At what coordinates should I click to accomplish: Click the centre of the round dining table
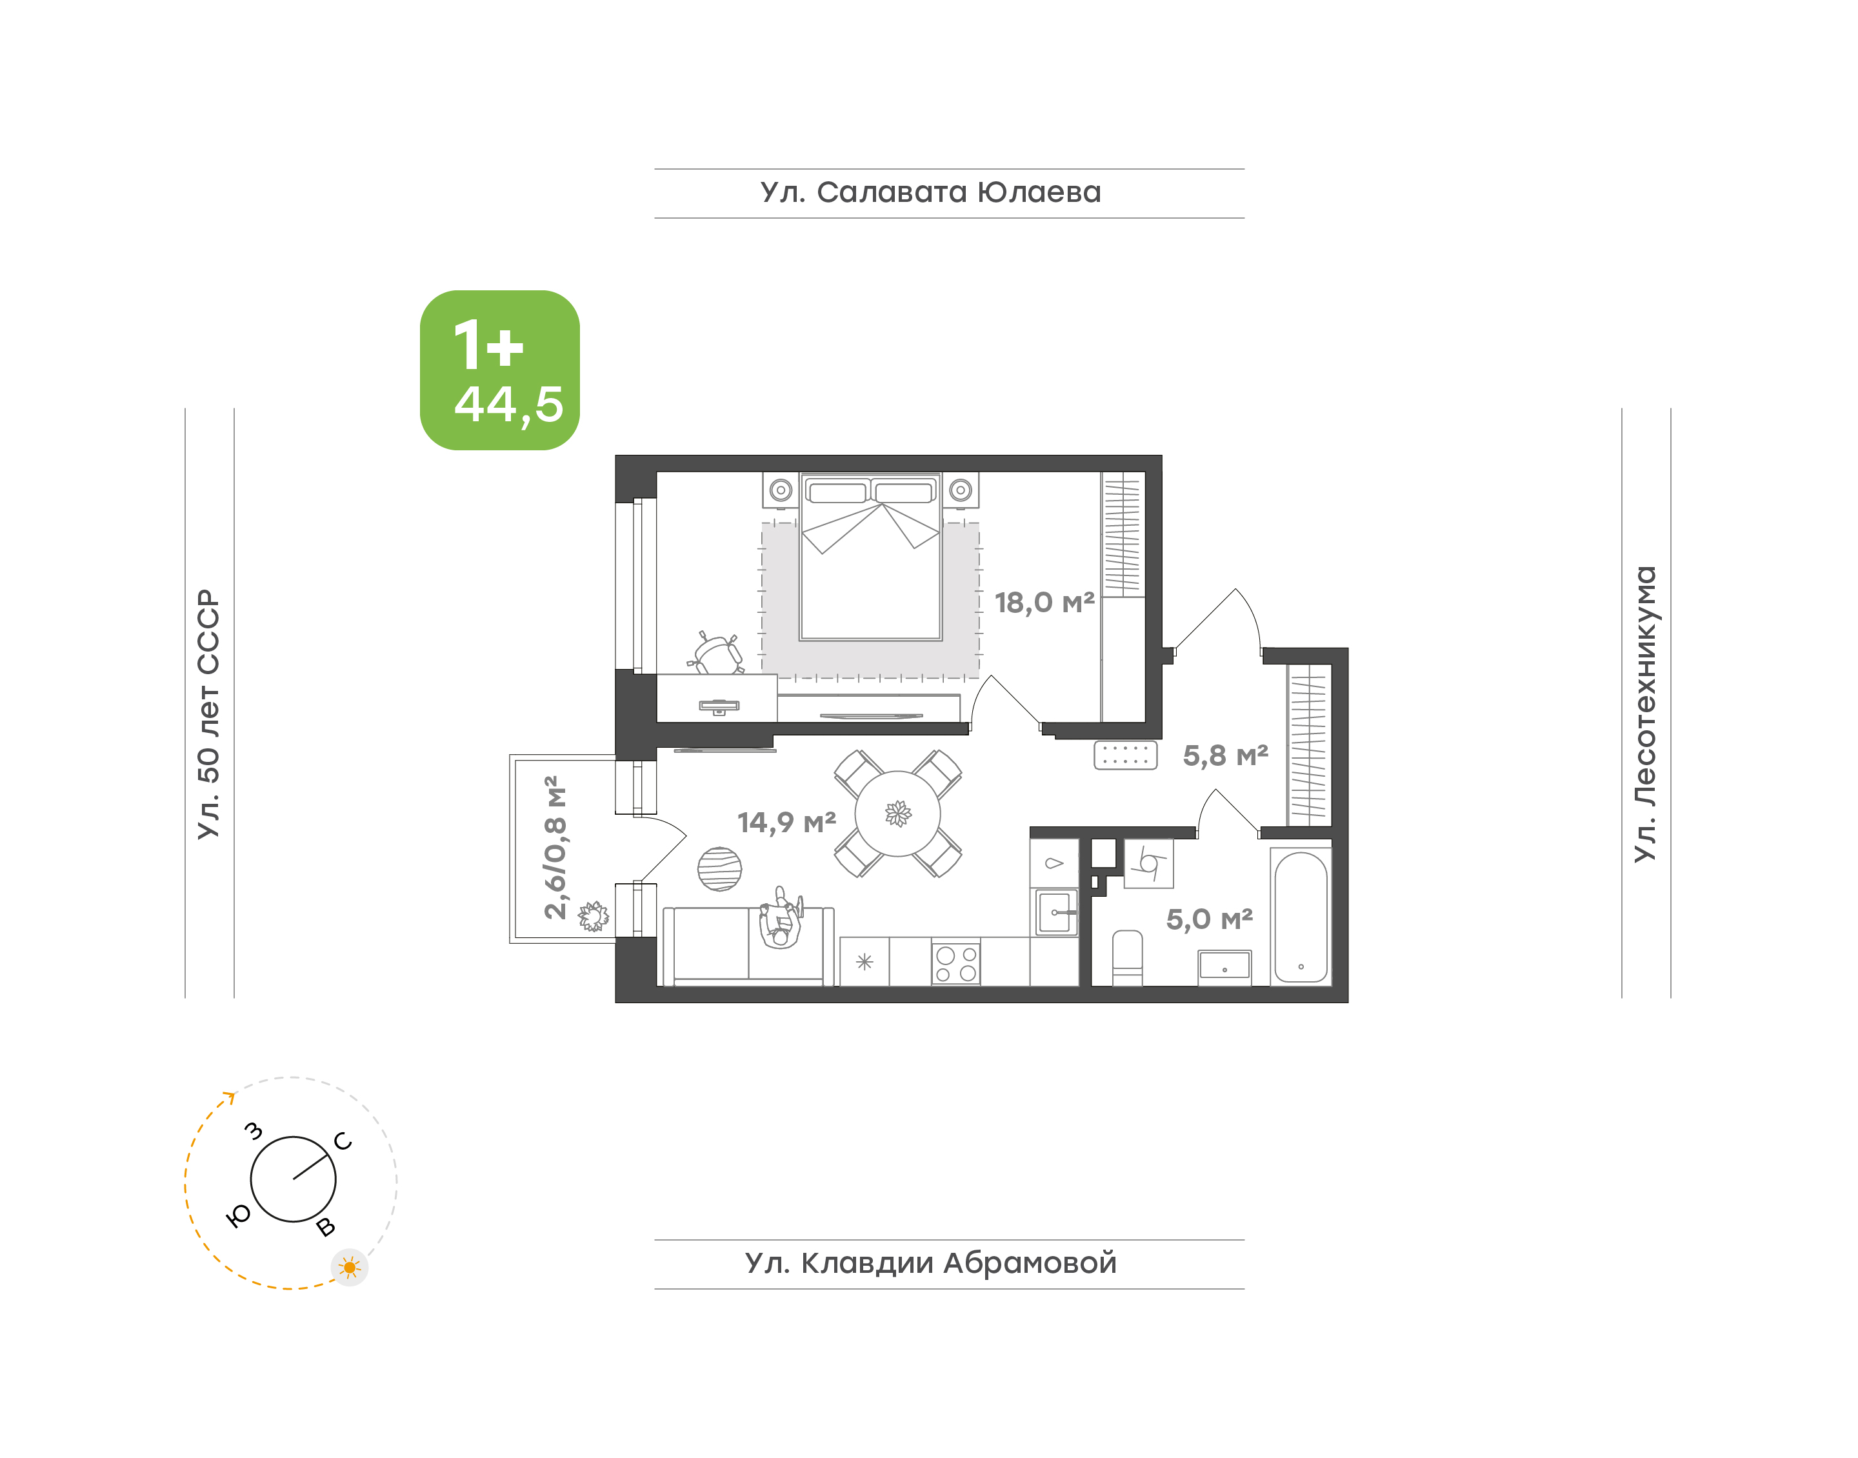click(898, 813)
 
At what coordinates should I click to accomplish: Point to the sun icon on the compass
click(349, 1268)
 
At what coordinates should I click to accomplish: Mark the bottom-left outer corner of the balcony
click(510, 943)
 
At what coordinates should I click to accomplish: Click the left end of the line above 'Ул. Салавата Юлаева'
click(655, 169)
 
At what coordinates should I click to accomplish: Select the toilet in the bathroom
click(1128, 958)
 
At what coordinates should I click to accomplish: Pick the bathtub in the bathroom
click(1301, 917)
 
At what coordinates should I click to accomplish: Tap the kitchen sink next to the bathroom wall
click(1055, 912)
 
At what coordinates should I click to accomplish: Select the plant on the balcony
click(593, 917)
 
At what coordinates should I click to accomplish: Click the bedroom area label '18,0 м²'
click(1044, 603)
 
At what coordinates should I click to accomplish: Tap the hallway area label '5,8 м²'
click(1226, 755)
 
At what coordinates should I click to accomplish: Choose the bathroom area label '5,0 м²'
click(1210, 919)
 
